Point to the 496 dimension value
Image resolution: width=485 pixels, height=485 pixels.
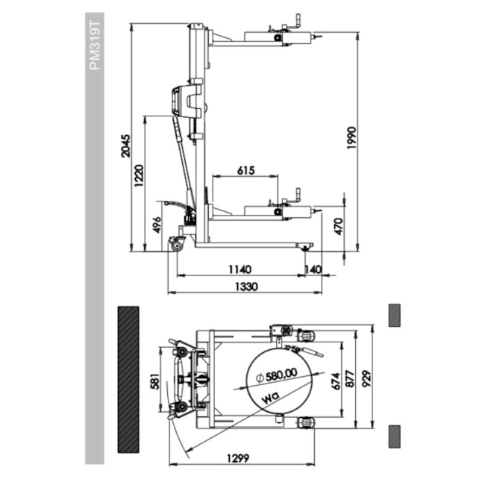click(156, 225)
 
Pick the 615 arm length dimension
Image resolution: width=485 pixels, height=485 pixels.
click(245, 170)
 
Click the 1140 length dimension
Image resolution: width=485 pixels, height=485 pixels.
click(240, 269)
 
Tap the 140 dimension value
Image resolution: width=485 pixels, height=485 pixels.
click(313, 269)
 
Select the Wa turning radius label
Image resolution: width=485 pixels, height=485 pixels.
click(272, 399)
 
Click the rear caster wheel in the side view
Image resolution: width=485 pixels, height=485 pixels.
click(178, 244)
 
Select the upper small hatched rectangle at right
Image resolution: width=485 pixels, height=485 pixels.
click(394, 315)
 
